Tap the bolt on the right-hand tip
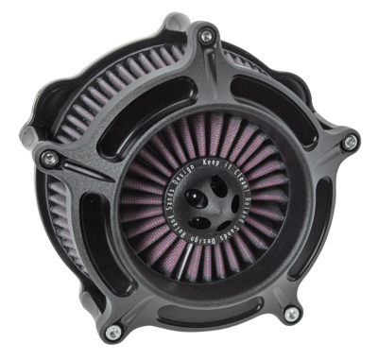click(x=351, y=141)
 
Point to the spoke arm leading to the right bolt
click(x=302, y=161)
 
